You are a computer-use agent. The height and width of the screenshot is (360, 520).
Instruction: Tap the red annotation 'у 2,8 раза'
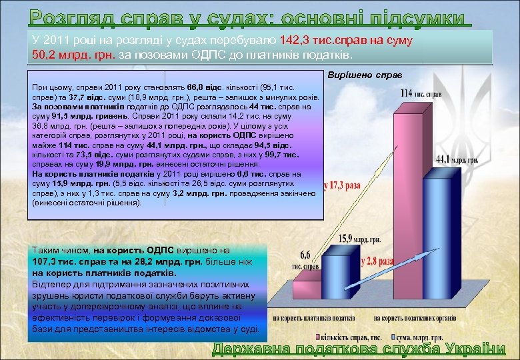[377, 262]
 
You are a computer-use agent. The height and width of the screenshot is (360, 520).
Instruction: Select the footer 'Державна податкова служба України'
[359, 349]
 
